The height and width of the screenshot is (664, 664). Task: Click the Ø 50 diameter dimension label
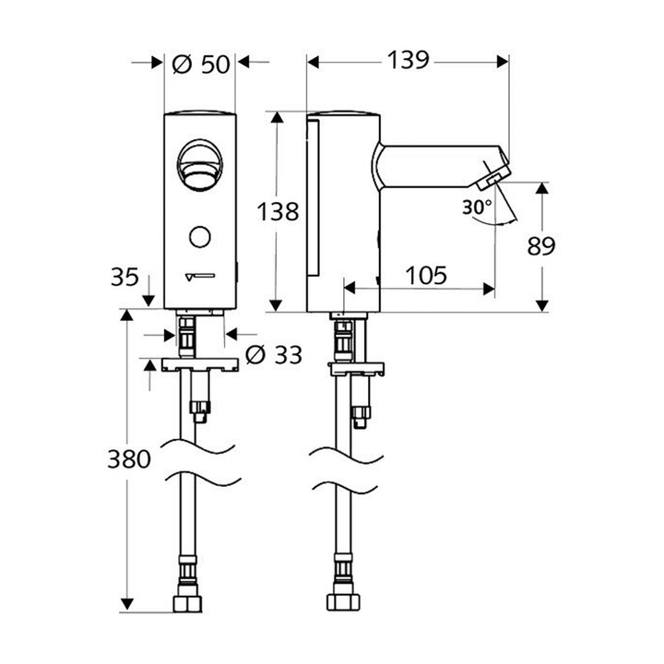pyautogui.click(x=200, y=64)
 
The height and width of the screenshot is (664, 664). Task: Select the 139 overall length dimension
pyautogui.click(x=406, y=61)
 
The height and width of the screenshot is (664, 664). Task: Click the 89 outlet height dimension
pyautogui.click(x=543, y=245)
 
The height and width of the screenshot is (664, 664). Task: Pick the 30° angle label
pyautogui.click(x=477, y=208)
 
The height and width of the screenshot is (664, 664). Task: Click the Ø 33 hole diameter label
pyautogui.click(x=274, y=354)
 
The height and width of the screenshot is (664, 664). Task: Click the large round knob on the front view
pyautogui.click(x=200, y=163)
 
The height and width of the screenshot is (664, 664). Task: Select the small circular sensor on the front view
pyautogui.click(x=199, y=237)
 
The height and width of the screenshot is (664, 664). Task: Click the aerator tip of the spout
pyautogui.click(x=495, y=175)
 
